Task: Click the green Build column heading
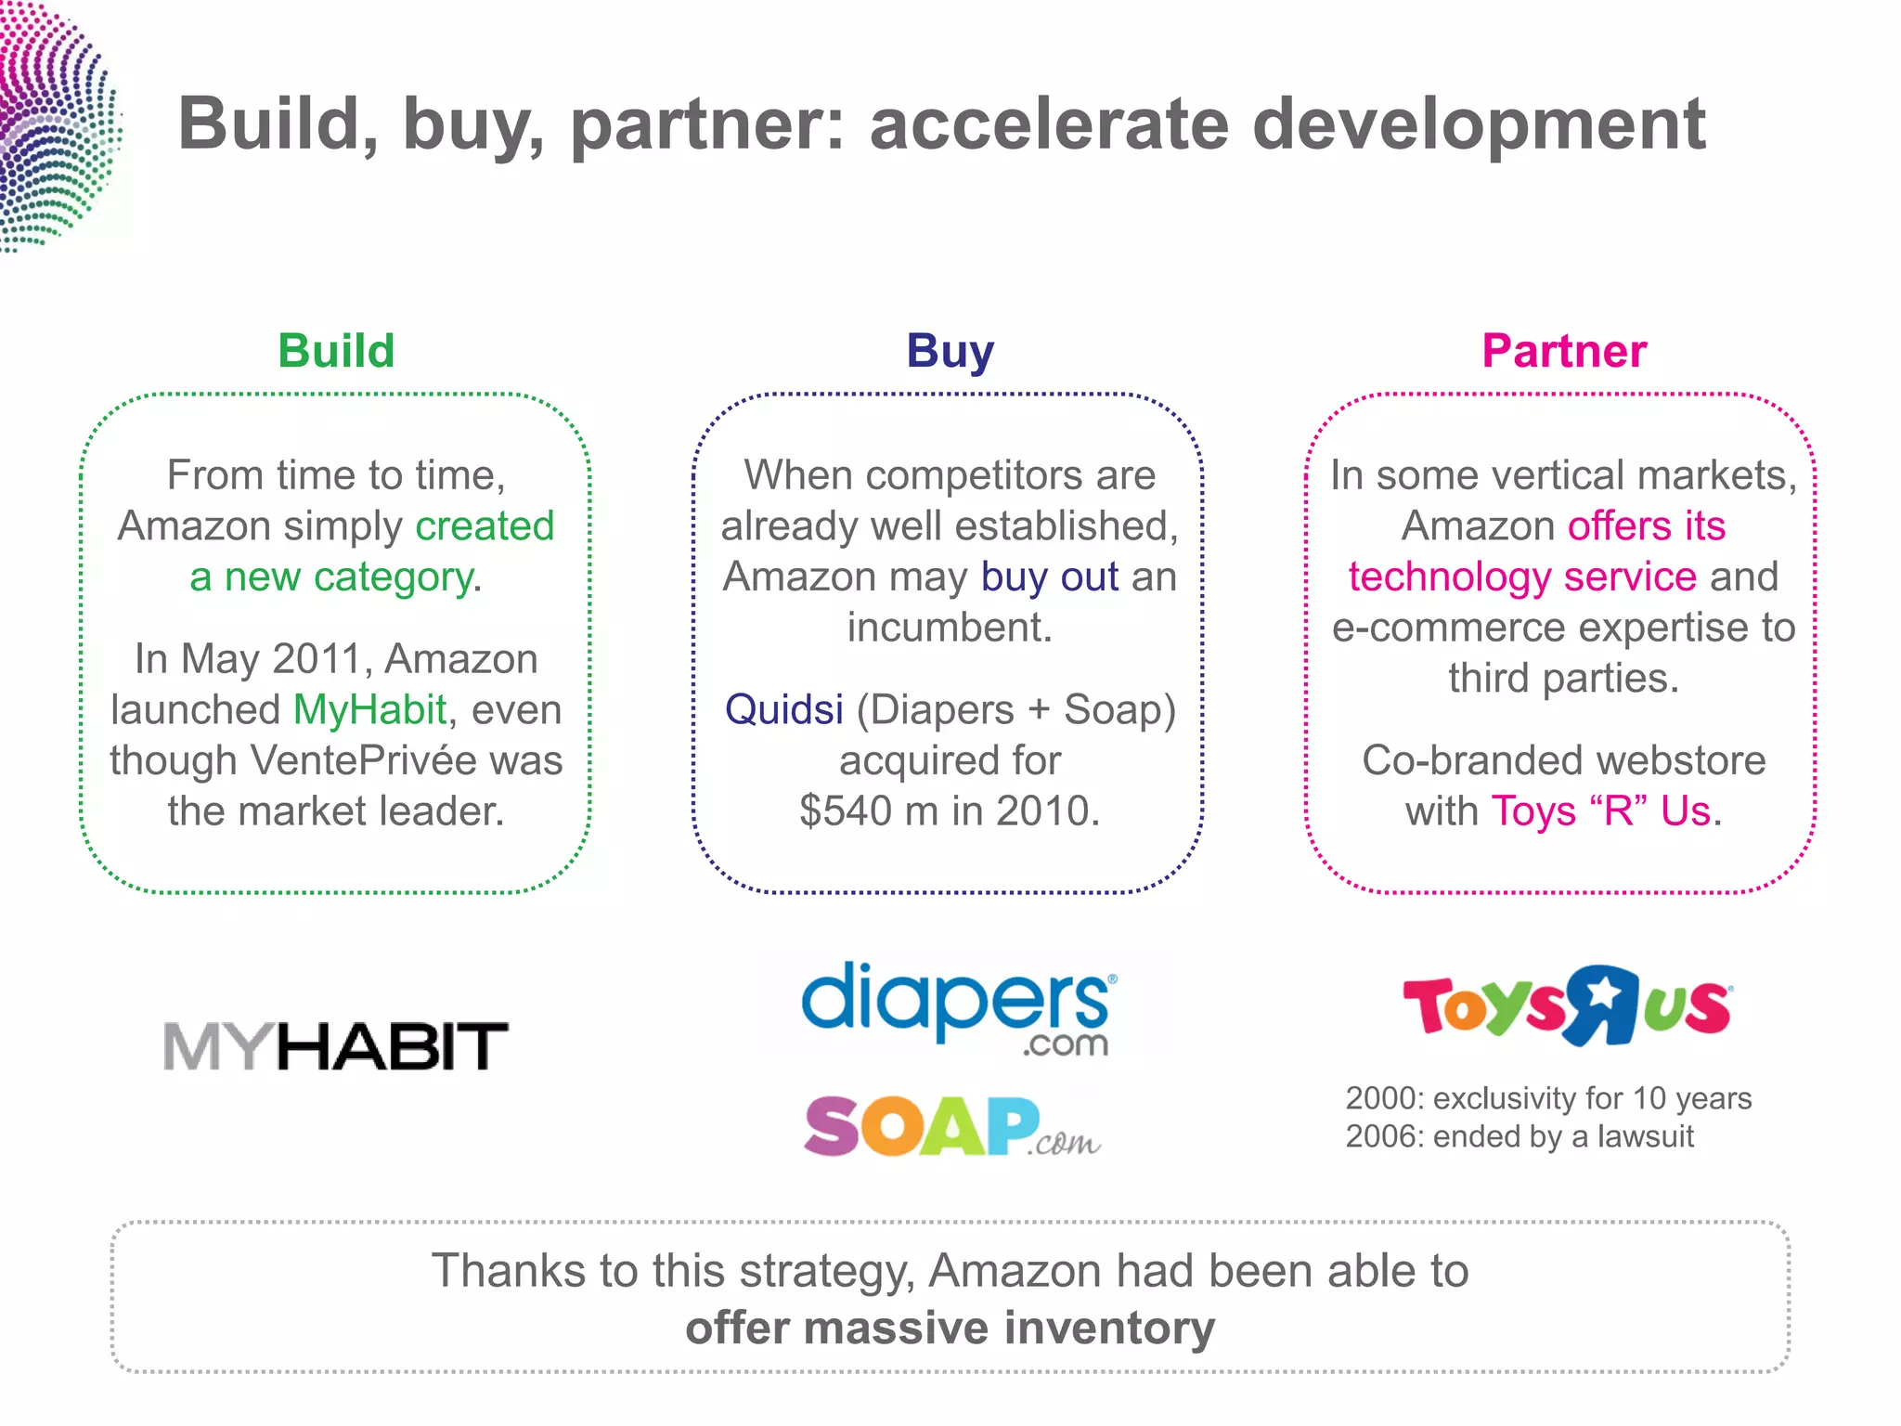point(336,351)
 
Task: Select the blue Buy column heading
point(950,351)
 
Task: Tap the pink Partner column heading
point(1563,351)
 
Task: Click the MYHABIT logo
point(335,1046)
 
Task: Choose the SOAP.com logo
point(952,1126)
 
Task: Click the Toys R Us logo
point(1566,1006)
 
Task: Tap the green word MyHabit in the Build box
point(370,710)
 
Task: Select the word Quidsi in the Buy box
point(784,710)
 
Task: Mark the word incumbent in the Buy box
point(950,628)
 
